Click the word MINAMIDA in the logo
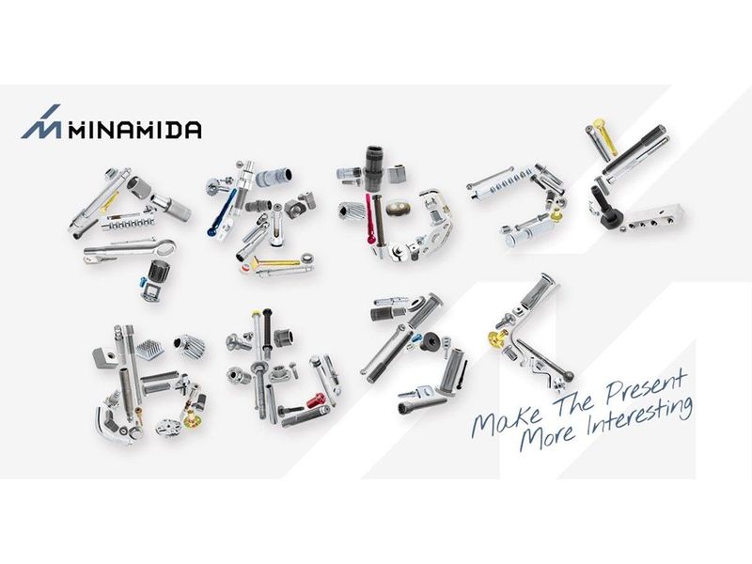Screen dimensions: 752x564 coord(134,130)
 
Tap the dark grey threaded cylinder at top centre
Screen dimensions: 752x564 coord(373,168)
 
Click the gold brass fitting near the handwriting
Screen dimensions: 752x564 coord(497,338)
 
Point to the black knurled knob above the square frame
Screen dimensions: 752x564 coord(156,271)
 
